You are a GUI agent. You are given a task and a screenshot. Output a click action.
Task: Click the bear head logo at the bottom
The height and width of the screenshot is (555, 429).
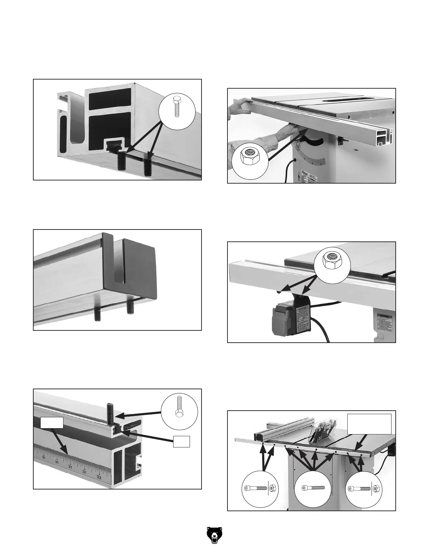(x=214, y=536)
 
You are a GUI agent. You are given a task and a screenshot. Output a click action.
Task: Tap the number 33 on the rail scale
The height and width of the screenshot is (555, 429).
(x=99, y=477)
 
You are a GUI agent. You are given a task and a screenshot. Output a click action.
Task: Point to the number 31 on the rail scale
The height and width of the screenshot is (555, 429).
(x=70, y=467)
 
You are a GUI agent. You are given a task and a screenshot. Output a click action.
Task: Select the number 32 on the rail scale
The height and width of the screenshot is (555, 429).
(x=84, y=472)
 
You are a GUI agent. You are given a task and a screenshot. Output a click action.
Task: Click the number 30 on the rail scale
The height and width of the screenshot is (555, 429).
(x=57, y=462)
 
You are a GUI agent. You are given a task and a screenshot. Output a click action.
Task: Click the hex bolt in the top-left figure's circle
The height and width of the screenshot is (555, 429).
(x=177, y=105)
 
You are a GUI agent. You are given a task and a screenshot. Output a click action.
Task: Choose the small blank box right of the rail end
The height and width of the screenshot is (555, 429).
(x=182, y=441)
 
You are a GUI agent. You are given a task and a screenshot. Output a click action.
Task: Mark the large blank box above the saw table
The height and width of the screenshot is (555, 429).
(x=369, y=424)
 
